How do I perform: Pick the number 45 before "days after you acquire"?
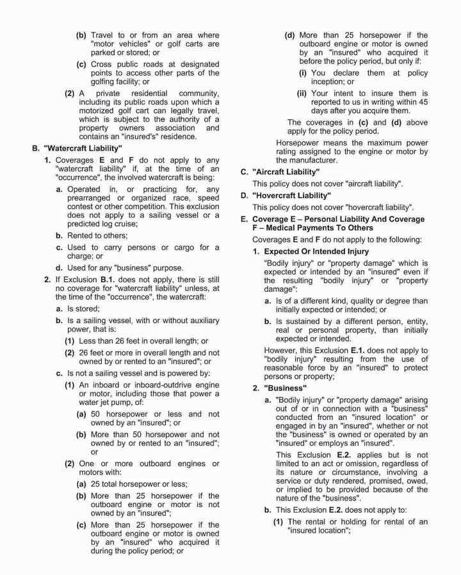(421, 103)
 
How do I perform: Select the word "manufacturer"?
(305, 160)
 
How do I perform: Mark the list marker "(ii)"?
(301, 93)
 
